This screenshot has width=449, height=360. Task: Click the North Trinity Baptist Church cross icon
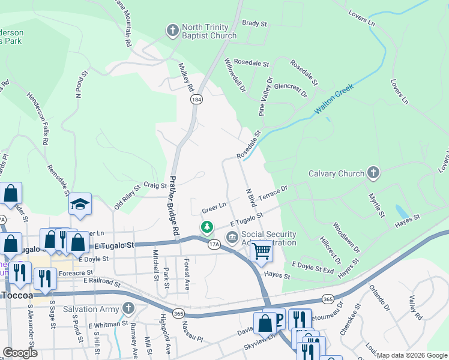(x=173, y=30)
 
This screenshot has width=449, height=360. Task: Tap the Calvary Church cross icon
(x=373, y=174)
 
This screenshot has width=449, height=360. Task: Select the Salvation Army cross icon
(x=127, y=308)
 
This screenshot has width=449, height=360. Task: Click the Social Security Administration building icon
(x=232, y=238)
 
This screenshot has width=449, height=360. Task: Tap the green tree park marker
(x=206, y=227)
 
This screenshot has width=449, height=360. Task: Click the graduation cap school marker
(x=80, y=205)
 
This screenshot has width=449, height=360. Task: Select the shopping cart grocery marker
(x=262, y=251)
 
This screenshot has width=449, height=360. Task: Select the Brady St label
(x=254, y=23)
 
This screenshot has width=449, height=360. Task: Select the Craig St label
(x=155, y=185)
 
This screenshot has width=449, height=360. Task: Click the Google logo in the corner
(x=20, y=353)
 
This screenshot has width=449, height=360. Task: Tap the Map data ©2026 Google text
(x=411, y=355)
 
